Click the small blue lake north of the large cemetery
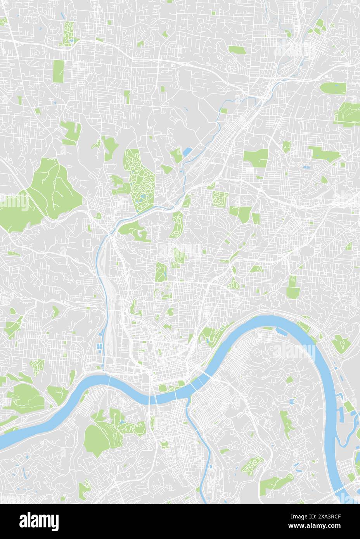point(188,151)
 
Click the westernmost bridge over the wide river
point(109,382)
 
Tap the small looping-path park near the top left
point(69,33)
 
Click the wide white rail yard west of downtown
point(110,302)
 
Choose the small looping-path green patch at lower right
point(253,465)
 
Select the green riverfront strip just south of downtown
point(171,388)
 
